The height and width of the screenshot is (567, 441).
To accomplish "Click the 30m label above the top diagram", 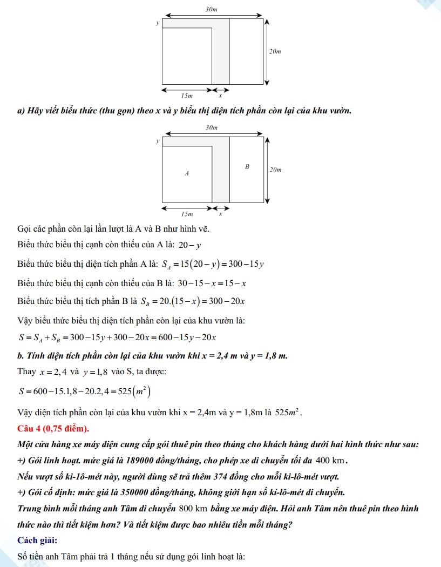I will (212, 9).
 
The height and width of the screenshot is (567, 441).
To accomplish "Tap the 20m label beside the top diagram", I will (275, 51).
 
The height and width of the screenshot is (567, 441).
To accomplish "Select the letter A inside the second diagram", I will (187, 174).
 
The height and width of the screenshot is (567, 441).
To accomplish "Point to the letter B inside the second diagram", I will (247, 167).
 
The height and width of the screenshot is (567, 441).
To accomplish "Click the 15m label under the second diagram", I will (187, 214).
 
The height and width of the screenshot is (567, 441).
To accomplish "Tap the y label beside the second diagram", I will (157, 141).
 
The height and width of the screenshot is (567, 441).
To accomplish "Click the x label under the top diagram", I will (220, 95).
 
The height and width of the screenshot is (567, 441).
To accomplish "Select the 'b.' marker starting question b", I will (21, 355).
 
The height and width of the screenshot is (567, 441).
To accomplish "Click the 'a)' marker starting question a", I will (22, 111).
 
